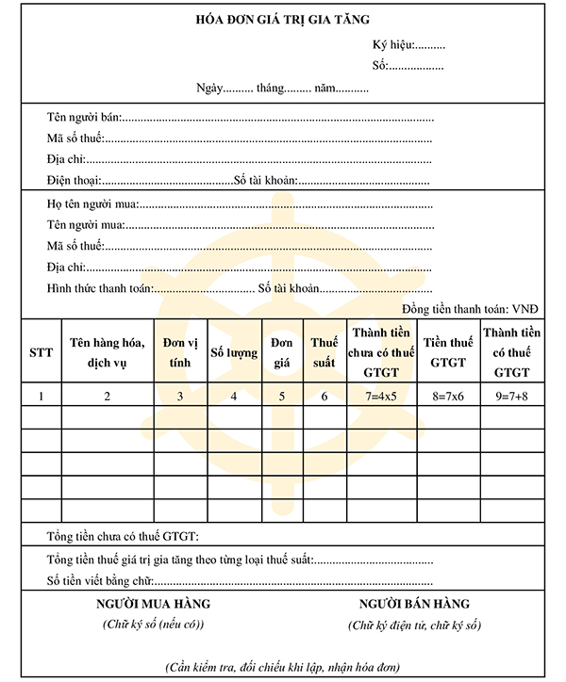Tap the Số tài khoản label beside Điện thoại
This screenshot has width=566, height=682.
click(x=266, y=180)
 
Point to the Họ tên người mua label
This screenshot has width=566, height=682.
click(x=92, y=204)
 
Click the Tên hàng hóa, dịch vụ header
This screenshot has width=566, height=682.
click(x=107, y=352)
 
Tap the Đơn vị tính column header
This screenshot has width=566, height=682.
click(x=180, y=352)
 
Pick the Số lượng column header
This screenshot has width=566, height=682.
click(x=233, y=353)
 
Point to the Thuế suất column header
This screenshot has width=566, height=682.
click(x=325, y=352)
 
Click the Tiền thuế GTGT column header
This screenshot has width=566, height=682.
click(x=448, y=352)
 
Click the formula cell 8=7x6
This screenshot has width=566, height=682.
click(x=448, y=397)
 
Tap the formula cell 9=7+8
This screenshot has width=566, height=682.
click(x=511, y=397)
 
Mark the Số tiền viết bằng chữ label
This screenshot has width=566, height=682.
click(x=99, y=579)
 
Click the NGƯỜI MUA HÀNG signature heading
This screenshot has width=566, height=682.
click(x=154, y=604)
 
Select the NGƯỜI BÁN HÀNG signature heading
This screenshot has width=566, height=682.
click(x=414, y=604)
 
